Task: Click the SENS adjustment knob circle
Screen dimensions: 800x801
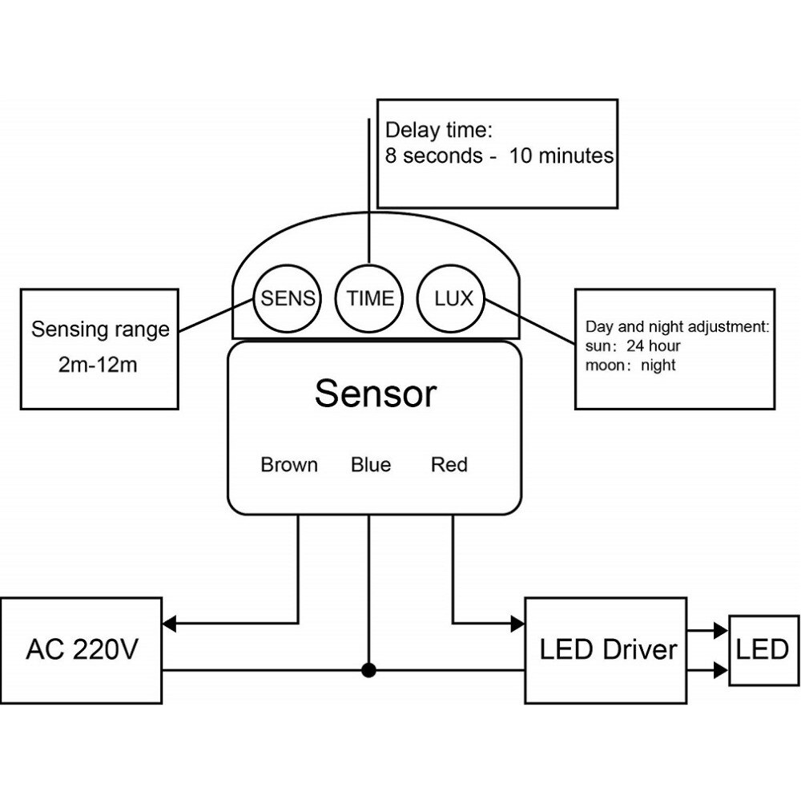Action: pos(287,299)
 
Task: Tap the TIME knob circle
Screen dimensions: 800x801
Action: pos(369,299)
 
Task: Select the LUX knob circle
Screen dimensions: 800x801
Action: pos(453,299)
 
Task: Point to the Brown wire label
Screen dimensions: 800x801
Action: pos(289,465)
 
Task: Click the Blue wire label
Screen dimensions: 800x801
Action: pos(371,465)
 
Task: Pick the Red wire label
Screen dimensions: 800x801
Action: pos(449,465)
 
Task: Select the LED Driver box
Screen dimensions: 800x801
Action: pos(606,648)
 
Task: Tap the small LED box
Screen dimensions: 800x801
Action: pos(762,649)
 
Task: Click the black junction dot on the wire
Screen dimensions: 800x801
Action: pos(368,670)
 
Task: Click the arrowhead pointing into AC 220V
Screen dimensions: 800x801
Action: pos(169,622)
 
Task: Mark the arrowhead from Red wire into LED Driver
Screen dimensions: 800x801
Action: pos(517,622)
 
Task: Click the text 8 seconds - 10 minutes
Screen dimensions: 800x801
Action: pos(499,156)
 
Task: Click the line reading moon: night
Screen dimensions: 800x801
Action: pos(630,366)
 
